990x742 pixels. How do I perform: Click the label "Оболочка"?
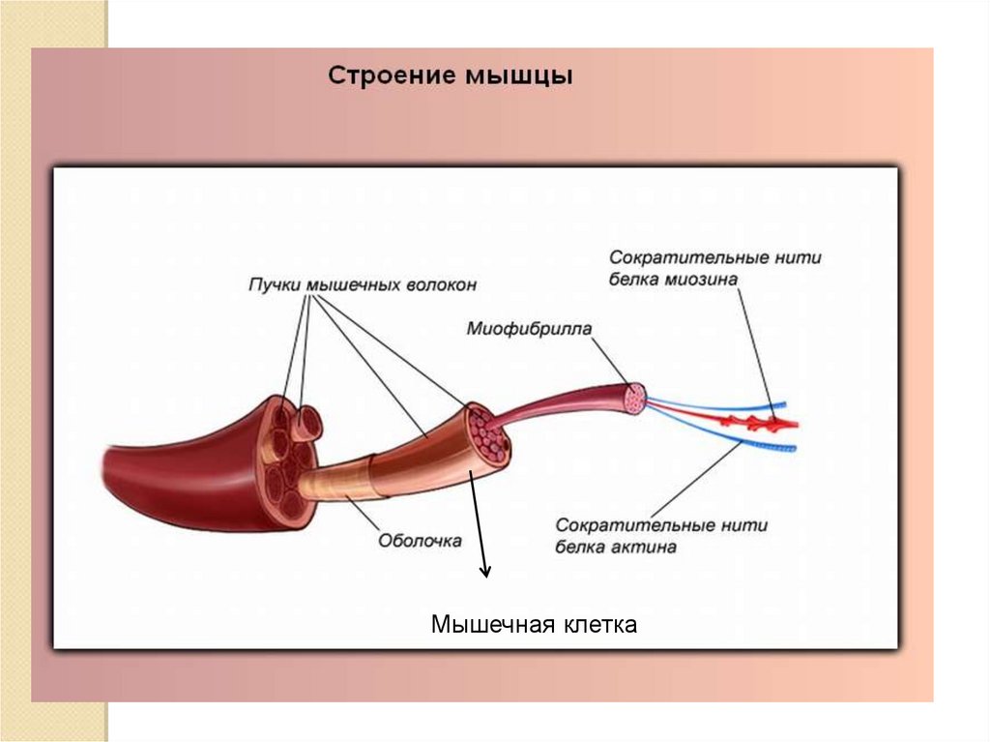click(419, 540)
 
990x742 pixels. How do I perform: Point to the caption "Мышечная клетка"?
click(534, 625)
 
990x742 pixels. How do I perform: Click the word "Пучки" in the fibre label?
click(275, 284)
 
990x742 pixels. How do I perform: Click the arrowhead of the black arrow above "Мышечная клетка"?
click(485, 573)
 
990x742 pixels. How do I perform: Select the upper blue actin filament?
click(725, 405)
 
